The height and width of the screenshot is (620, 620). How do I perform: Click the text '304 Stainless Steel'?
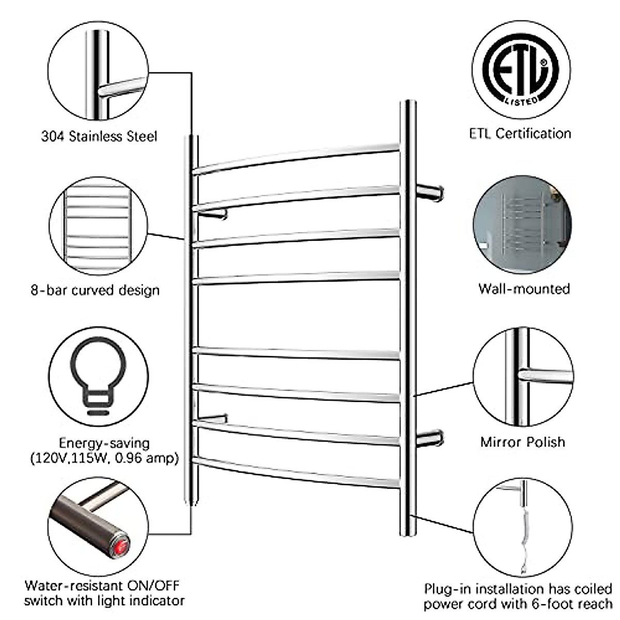click(99, 137)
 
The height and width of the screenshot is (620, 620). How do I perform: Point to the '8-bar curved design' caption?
click(95, 290)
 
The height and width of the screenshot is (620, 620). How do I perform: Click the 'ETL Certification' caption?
click(520, 134)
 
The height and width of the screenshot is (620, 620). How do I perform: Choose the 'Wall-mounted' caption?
click(523, 288)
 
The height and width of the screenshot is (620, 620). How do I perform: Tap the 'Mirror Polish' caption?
click(522, 442)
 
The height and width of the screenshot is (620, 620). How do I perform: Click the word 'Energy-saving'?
click(104, 443)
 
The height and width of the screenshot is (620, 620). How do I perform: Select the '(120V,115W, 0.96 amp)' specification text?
click(104, 458)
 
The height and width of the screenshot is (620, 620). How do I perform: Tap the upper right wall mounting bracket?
click(430, 192)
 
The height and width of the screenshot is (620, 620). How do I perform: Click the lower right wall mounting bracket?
click(430, 439)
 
